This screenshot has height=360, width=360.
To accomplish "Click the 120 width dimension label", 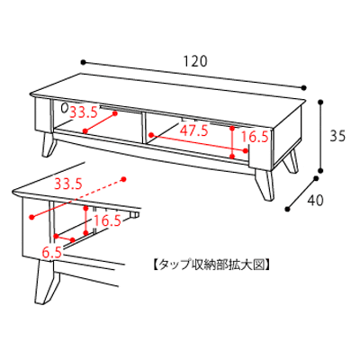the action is (195, 61).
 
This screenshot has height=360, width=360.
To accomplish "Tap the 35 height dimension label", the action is (337, 136).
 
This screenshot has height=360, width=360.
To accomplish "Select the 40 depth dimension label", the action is (315, 201).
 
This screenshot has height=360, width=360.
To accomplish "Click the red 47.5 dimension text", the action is (193, 130).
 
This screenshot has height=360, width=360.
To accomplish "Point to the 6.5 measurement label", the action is (51, 253).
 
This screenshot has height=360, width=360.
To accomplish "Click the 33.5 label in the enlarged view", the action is (68, 184).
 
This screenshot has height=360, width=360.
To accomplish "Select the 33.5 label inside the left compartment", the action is (84, 112).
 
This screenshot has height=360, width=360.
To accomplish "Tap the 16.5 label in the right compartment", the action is (255, 137).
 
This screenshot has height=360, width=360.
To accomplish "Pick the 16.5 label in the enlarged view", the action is (107, 221).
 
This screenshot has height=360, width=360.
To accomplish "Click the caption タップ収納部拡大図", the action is (211, 265).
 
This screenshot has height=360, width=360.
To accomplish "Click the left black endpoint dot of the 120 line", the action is (84, 62).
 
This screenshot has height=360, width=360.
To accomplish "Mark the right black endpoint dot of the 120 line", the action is (304, 87).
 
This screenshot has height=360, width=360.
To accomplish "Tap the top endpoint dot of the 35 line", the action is (321, 103).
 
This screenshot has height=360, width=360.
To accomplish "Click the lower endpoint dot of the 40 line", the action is (288, 209).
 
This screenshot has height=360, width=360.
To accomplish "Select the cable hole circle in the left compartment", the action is (64, 108).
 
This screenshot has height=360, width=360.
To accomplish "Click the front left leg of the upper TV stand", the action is (49, 145).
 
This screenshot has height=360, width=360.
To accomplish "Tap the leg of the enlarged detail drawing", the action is (47, 282).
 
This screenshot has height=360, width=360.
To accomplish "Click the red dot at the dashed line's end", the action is (123, 179).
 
